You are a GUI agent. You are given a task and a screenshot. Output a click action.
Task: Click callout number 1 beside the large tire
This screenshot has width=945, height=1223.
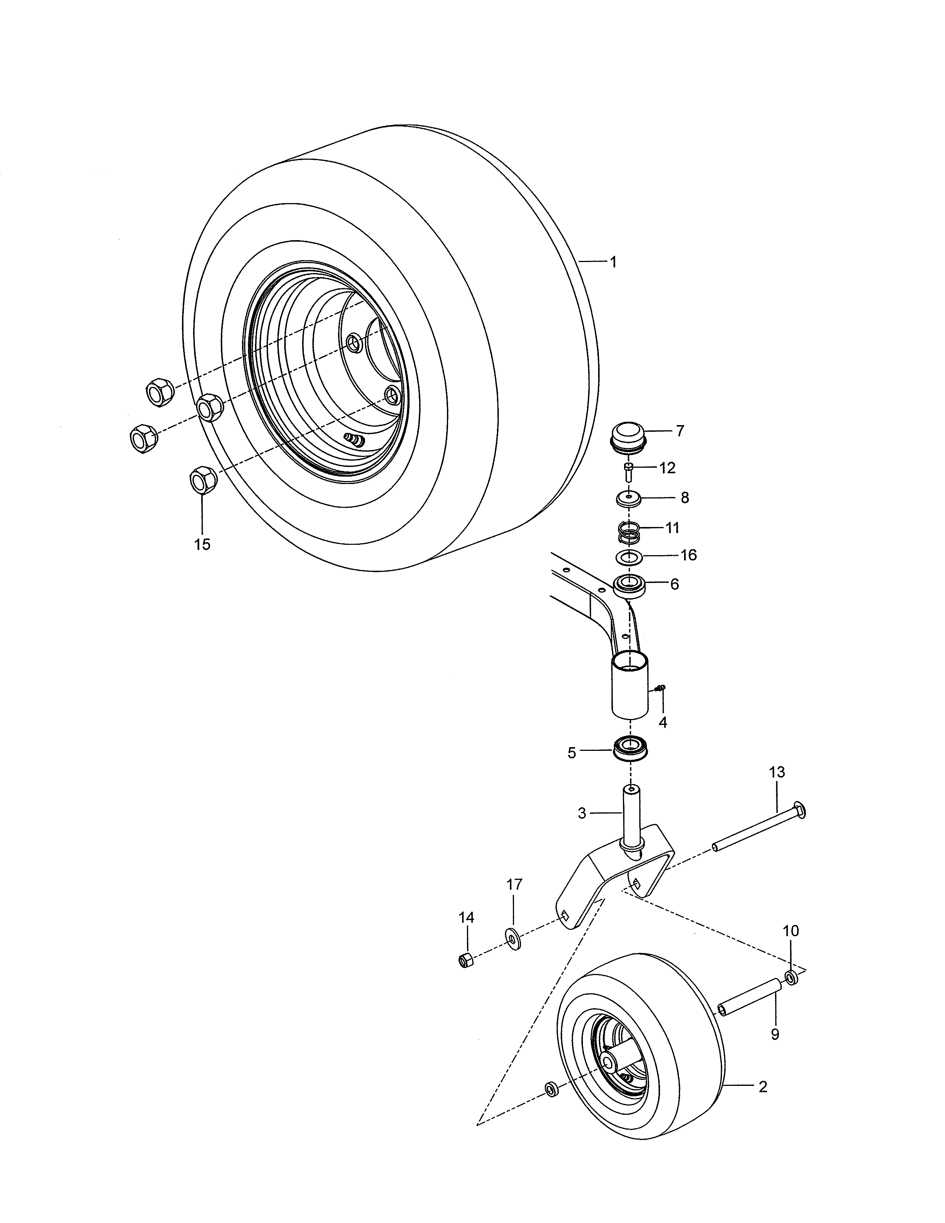[613, 262]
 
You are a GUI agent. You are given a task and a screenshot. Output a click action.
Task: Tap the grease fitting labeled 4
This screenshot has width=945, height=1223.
[661, 687]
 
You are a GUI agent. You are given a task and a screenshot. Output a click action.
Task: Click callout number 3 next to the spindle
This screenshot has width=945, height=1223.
[582, 813]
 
